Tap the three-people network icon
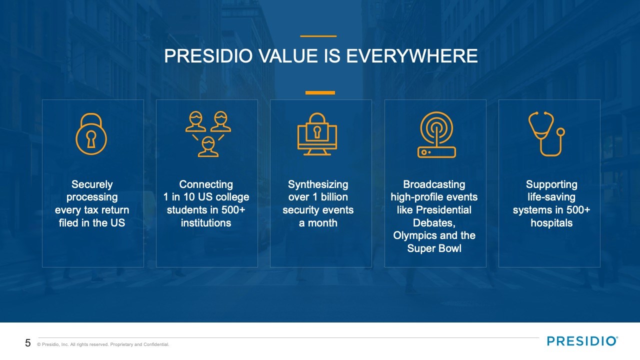[x=208, y=134]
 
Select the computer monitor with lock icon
[x=317, y=134]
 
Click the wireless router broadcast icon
[x=436, y=134]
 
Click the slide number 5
[x=27, y=343]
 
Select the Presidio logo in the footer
[x=582, y=341]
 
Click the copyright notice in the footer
[x=103, y=344]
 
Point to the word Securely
[x=92, y=184]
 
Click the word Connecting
[x=206, y=184]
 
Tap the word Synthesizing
[x=318, y=184]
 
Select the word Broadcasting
[x=434, y=184]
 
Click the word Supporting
[x=551, y=184]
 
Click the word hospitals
[x=551, y=223]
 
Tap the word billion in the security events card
[x=334, y=197]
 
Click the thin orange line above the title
[x=318, y=36]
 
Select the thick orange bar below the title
[x=320, y=92]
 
